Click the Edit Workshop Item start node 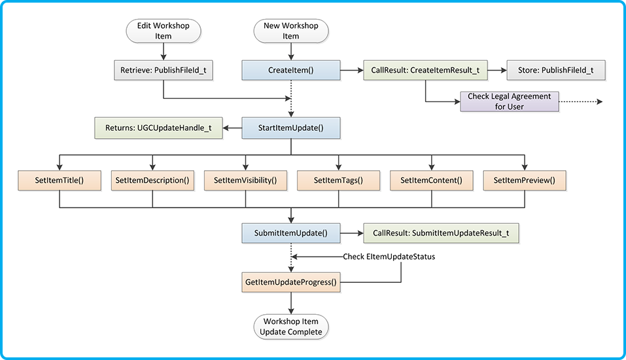(x=162, y=31)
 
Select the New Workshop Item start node (x=290, y=31)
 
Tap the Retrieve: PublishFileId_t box (x=163, y=69)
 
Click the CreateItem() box (x=290, y=69)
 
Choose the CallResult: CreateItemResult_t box (x=426, y=69)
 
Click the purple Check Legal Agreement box (x=510, y=101)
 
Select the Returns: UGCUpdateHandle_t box (x=158, y=128)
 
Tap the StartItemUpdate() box (x=290, y=128)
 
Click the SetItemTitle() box (x=60, y=180)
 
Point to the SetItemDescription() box (x=152, y=180)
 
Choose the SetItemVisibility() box (x=245, y=180)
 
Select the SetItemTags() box (x=338, y=180)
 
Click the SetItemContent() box (x=431, y=180)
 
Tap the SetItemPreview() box (x=524, y=180)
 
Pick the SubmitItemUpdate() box (x=290, y=232)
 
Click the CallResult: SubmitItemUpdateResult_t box (x=441, y=232)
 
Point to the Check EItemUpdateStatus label (x=389, y=257)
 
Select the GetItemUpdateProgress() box (x=290, y=282)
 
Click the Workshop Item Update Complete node (x=290, y=327)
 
